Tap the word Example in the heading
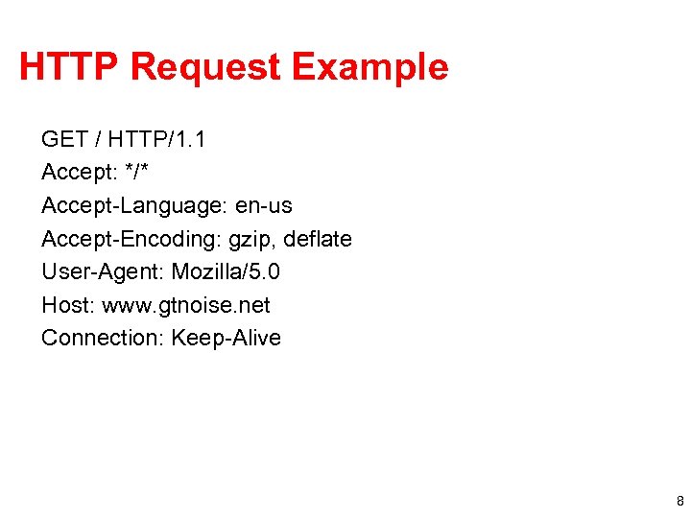369,67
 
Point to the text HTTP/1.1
156,140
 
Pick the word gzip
250,240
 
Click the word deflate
317,239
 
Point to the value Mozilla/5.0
226,272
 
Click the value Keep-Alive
226,338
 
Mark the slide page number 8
679,502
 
